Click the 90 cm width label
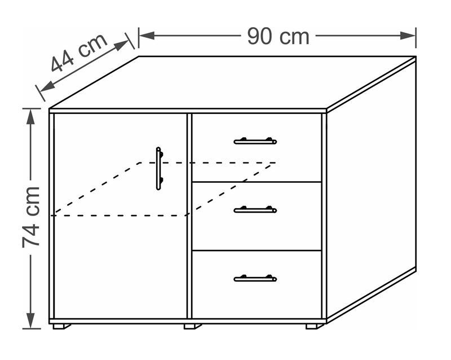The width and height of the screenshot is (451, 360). pos(278,36)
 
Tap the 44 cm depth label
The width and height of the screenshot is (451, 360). pos(79,54)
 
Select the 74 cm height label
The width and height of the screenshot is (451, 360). pos(32,217)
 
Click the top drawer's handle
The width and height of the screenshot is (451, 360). pos(255,141)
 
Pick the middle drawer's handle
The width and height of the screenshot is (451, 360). pos(255,210)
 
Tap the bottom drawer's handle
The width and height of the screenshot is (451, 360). pos(255,278)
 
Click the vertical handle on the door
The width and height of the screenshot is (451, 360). pos(159,168)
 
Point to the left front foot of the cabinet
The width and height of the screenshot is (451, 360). pos(62,326)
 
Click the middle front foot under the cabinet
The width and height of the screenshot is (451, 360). pos(192,326)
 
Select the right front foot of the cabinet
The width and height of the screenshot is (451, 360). pos(315,326)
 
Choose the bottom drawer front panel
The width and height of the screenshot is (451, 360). pos(257,285)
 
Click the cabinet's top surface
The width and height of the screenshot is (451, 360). pos(231,82)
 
